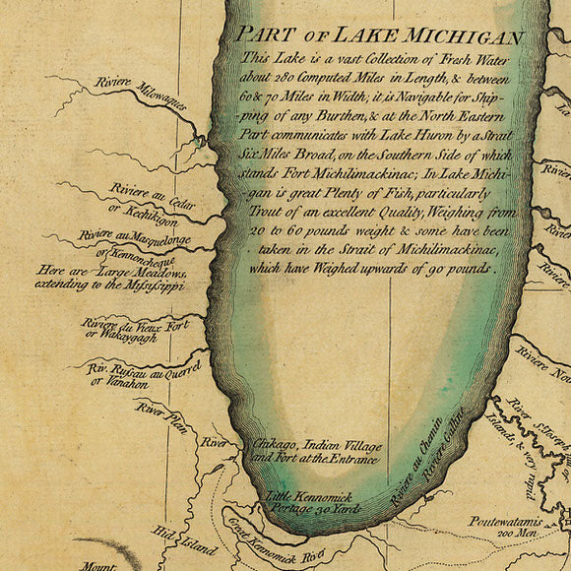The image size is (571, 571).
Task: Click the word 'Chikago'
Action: pyautogui.click(x=276, y=444)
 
